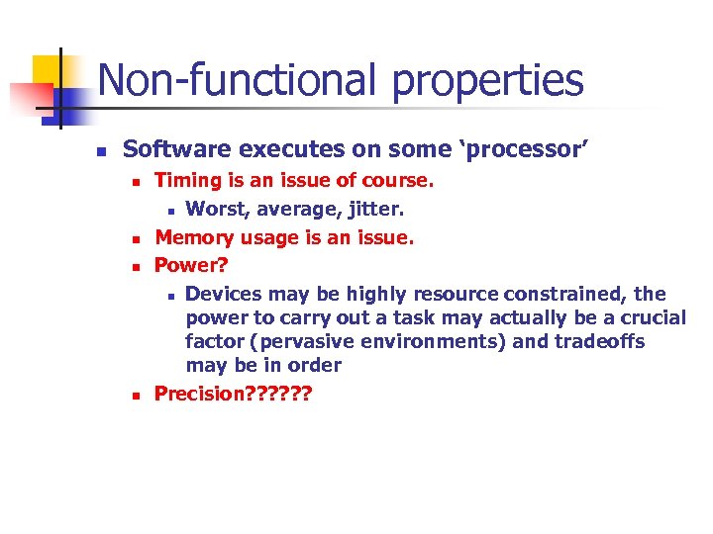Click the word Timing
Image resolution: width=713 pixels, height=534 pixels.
pyautogui.click(x=188, y=181)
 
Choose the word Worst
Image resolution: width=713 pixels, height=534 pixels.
pyautogui.click(x=214, y=210)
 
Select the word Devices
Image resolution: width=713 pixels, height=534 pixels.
pyautogui.click(x=223, y=294)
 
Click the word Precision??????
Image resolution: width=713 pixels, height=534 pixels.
pyautogui.click(x=233, y=394)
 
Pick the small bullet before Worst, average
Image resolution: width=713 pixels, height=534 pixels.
pyautogui.click(x=170, y=211)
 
